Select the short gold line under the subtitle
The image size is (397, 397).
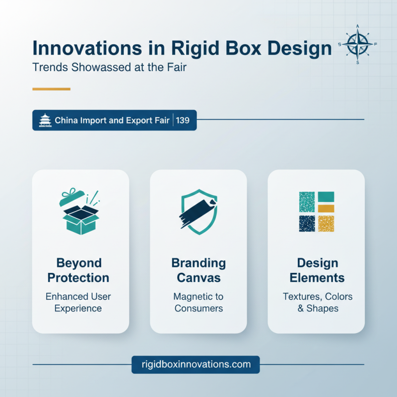point(51,89)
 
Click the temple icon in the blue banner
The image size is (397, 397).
point(45,120)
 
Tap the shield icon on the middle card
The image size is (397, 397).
point(198,211)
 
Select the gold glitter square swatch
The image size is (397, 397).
point(326,224)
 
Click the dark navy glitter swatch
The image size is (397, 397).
point(307,224)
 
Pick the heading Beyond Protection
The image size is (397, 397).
point(80,270)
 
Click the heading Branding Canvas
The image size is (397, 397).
point(198,270)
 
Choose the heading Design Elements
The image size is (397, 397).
point(317,270)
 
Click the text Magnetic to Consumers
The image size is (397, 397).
point(198,302)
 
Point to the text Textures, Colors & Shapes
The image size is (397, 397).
point(317,302)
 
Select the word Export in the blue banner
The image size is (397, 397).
point(132,120)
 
